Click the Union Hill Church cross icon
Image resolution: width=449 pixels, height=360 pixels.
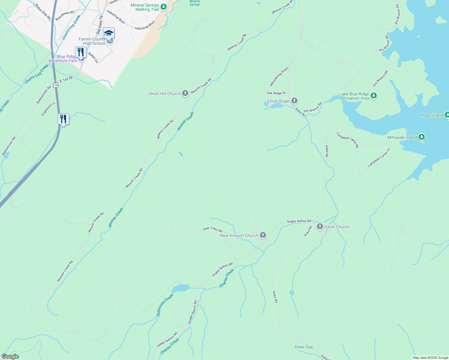coord(185,94)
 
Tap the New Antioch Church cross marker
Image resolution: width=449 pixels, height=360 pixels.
coord(263,235)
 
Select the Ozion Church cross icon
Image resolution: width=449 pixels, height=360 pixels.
coord(320,227)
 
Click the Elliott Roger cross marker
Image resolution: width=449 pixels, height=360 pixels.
coord(294,101)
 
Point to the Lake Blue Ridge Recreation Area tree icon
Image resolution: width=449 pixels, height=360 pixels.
coord(374,96)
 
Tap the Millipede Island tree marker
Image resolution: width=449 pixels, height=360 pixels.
coord(422,137)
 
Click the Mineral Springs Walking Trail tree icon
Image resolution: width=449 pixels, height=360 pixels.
coord(163,7)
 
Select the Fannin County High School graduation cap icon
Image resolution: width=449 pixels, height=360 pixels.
coord(109,33)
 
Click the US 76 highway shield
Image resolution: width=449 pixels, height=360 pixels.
coord(56,85)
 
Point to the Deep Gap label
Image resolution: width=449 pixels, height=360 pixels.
coord(304,347)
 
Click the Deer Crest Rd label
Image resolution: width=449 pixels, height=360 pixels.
coord(212,229)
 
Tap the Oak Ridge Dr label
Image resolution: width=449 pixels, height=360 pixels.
coord(276,93)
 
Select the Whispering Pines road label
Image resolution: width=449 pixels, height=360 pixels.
coord(279,76)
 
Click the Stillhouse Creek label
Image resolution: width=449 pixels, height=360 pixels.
coord(165,305)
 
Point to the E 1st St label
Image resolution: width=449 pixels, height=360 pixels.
coord(66,79)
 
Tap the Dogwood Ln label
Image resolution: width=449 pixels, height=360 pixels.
coord(48,109)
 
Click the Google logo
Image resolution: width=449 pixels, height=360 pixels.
coord(10,356)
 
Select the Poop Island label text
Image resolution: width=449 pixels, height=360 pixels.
coord(432,115)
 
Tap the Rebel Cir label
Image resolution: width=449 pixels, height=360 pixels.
coord(93,58)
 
